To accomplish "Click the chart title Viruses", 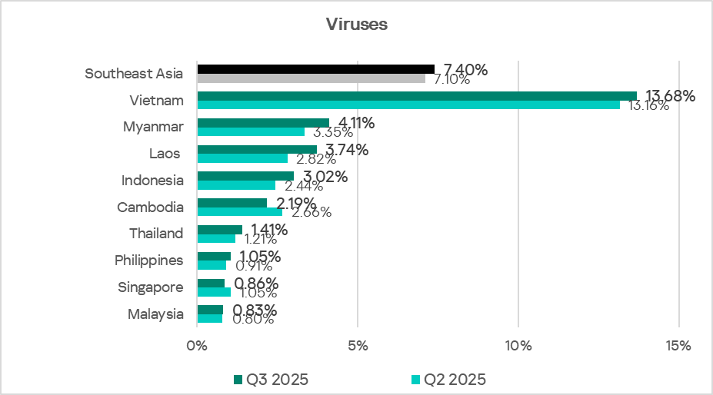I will click(357, 25).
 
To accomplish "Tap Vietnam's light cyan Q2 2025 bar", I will click(408, 105).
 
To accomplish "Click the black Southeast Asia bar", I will click(315, 69).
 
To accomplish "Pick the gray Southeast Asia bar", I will click(311, 78).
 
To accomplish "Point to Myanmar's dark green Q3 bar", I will click(263, 123).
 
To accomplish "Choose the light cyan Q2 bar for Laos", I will click(242, 158).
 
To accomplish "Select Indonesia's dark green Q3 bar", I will click(245, 176).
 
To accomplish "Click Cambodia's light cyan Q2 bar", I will click(240, 212).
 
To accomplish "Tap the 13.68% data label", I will click(670, 96).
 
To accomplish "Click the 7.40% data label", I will click(465, 70).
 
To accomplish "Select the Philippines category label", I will click(149, 261).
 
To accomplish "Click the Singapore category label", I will click(151, 287).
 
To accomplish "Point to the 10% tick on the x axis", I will click(518, 346).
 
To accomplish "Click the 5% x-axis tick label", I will click(358, 346).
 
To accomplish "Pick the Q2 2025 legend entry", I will click(448, 380).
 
